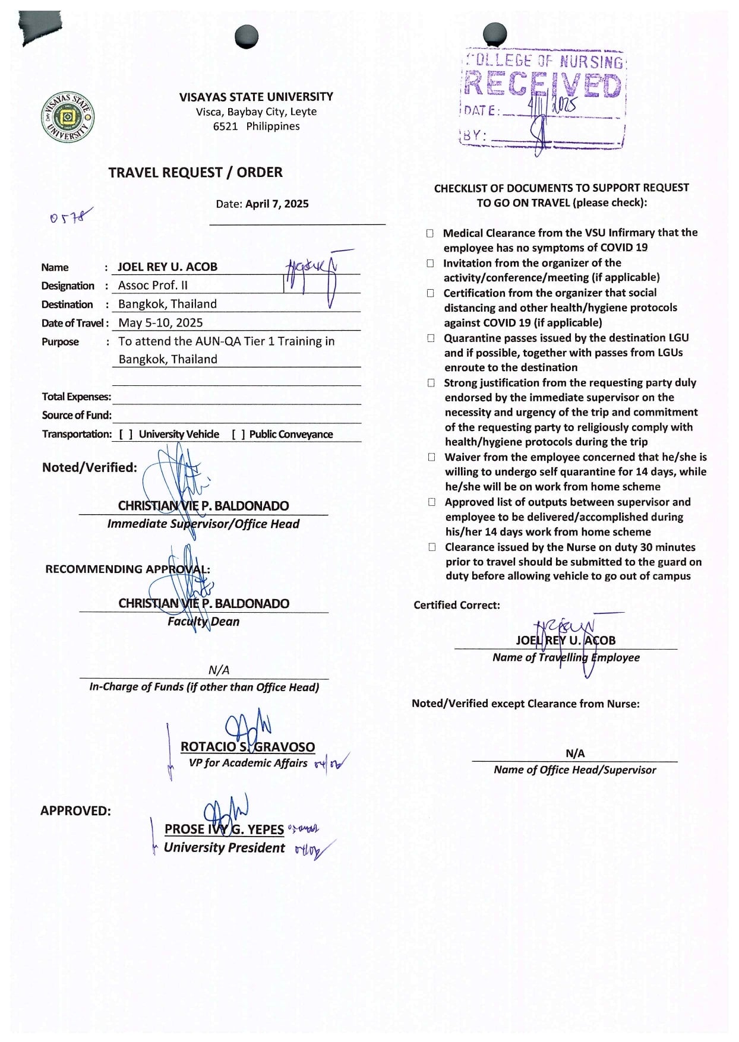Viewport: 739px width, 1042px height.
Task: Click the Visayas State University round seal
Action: click(68, 118)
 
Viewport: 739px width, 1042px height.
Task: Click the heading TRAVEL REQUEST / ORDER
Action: click(195, 173)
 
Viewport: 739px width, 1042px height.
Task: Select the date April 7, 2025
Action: click(277, 204)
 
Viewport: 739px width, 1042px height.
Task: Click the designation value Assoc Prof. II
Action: click(153, 286)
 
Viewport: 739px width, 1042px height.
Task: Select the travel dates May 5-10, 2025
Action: click(160, 323)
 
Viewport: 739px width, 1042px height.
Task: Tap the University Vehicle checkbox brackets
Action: click(125, 435)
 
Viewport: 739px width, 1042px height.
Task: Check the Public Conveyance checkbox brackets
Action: click(238, 435)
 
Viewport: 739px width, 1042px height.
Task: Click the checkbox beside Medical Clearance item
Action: click(429, 233)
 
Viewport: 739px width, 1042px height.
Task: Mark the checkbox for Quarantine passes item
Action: click(431, 338)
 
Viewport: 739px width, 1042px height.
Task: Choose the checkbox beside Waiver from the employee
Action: click(431, 457)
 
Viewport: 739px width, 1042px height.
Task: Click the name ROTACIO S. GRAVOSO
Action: click(247, 747)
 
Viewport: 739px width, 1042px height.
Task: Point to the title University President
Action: click(224, 848)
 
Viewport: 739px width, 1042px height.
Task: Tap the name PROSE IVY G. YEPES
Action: click(224, 829)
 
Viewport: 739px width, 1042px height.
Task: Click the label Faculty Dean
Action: click(203, 622)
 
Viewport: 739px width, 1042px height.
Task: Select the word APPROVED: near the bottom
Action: click(75, 811)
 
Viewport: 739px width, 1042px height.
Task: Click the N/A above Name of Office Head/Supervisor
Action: click(574, 753)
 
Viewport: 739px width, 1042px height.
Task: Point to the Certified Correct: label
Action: click(456, 605)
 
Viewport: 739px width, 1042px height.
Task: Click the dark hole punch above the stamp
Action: click(495, 34)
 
